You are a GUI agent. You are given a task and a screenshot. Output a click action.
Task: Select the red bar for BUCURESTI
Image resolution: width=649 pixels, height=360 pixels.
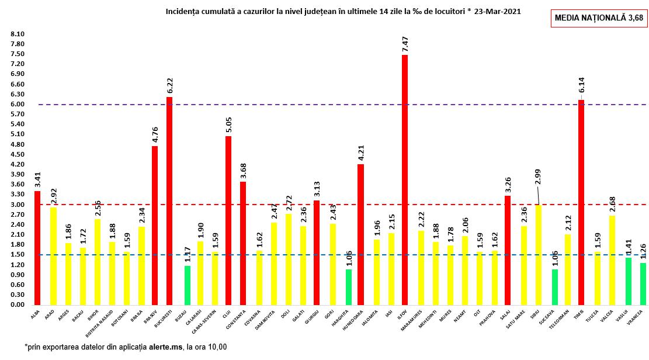click(169, 201)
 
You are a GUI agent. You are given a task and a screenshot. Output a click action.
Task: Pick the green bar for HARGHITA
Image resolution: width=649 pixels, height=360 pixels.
click(349, 287)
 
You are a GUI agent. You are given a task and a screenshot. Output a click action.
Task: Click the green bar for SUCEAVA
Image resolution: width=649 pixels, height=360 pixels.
click(554, 287)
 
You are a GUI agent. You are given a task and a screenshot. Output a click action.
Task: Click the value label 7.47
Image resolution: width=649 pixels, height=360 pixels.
click(405, 44)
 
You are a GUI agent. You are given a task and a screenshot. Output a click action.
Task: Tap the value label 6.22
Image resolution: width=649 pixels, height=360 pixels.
click(169, 86)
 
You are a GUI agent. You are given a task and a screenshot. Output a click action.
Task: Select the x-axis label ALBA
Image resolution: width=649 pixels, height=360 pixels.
click(36, 313)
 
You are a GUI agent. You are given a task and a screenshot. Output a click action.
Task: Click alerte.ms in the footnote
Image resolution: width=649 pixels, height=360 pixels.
click(165, 347)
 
